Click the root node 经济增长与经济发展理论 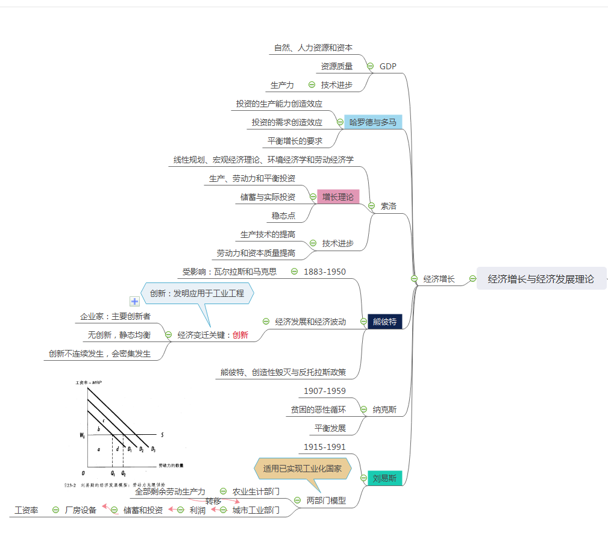541,279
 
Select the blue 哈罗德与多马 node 373,122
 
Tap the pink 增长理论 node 338,197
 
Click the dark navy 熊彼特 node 384,322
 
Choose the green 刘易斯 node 384,478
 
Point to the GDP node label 388,66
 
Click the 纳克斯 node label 384,410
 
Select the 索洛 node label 389,206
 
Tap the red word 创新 240,335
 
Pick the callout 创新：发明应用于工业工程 197,293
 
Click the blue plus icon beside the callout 135,301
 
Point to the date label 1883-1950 325,272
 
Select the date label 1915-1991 325,447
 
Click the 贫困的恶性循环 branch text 318,410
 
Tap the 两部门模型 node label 326,500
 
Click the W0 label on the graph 82,434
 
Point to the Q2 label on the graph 124,473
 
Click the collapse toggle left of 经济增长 414,279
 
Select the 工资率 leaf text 27,510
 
